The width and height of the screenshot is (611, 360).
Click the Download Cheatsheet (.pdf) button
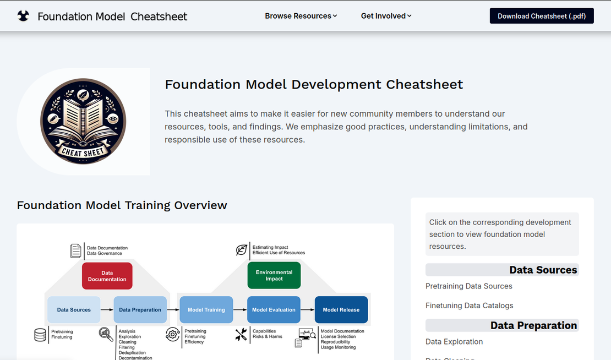click(542, 16)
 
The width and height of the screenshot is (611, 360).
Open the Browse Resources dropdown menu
click(301, 16)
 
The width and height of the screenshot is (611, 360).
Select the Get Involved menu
click(386, 16)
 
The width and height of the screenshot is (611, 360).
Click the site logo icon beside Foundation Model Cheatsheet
click(23, 16)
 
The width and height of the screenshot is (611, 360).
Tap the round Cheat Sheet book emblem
click(83, 121)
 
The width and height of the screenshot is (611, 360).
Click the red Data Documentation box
click(107, 276)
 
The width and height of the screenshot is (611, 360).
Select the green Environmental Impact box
click(274, 276)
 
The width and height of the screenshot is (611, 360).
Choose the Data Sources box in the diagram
click(74, 310)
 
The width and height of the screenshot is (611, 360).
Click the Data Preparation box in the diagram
click(140, 310)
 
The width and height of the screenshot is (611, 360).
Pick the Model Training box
click(206, 310)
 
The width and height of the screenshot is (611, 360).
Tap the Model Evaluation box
click(274, 310)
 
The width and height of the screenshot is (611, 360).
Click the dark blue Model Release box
click(341, 310)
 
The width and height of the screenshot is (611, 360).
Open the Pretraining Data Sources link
click(469, 286)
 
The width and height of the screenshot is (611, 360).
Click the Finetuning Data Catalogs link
click(469, 306)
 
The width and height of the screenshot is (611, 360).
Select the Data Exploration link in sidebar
click(454, 342)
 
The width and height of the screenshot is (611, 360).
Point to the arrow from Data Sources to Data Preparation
click(107, 310)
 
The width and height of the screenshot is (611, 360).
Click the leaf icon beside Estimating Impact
click(241, 250)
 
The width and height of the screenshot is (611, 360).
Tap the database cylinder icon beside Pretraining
click(40, 335)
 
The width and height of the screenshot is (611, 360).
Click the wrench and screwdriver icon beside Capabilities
click(241, 334)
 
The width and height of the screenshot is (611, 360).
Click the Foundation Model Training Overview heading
click(122, 205)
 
